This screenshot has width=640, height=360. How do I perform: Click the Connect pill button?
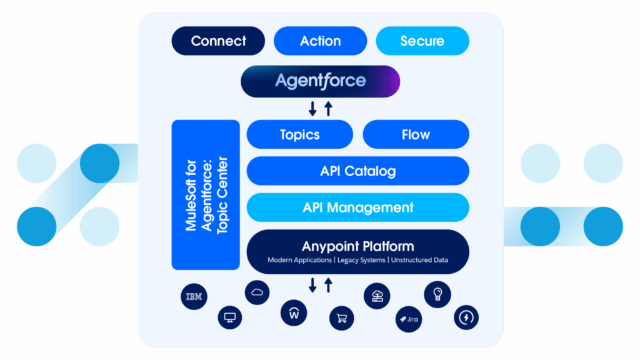pos(218,41)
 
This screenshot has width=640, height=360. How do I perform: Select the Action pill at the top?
pos(320,41)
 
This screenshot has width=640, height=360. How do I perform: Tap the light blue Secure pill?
pos(422,41)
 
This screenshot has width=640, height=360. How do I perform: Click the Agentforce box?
pos(320,81)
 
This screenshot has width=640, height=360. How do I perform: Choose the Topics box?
pos(299,135)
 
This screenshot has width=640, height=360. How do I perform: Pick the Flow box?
pos(416,135)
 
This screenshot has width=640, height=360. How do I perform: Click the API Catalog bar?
pos(357,171)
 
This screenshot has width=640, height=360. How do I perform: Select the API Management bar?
pos(357,207)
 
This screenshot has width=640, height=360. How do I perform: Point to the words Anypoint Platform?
pos(357,246)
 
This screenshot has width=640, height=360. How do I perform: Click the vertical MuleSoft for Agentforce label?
pos(206,195)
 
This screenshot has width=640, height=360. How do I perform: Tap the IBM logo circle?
pos(194,297)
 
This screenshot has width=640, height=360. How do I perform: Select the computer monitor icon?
pos(229,318)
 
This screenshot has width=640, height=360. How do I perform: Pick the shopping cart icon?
pos(341,318)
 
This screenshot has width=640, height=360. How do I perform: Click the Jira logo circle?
pos(408,320)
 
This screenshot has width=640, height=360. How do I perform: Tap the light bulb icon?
pos(437,293)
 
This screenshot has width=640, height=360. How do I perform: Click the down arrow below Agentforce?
pos(312,108)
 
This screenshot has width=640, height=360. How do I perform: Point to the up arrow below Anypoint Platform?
pos(328,286)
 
